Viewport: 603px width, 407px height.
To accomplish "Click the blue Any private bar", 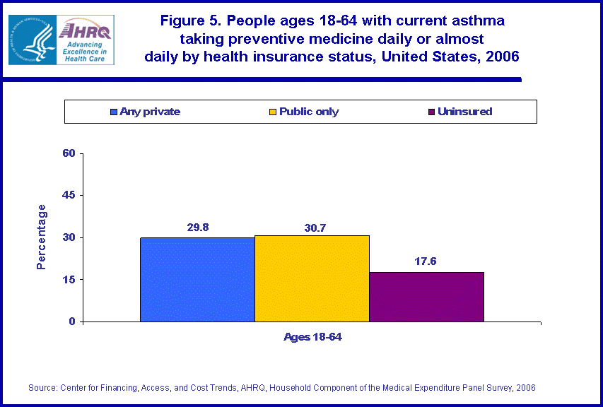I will click(197, 279).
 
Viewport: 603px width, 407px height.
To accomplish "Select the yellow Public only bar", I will click(312, 278).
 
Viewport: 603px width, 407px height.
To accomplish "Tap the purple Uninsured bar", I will click(426, 297).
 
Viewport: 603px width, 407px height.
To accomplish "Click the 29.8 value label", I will click(197, 228).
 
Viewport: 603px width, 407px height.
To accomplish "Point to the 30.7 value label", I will click(312, 228).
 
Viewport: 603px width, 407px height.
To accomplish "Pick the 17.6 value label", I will click(426, 261).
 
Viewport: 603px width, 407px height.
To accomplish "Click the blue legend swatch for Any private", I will click(113, 112).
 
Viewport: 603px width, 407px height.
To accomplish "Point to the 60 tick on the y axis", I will click(69, 153).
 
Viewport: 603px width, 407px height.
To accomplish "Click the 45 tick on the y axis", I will click(69, 195).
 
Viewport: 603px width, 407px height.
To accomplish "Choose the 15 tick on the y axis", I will click(69, 279).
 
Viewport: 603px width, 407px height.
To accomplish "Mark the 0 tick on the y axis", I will click(72, 322).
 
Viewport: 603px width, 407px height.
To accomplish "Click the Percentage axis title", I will click(42, 237).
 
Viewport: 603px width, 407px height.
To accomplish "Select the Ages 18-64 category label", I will click(312, 337).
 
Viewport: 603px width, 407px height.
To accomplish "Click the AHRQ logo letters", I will click(86, 30).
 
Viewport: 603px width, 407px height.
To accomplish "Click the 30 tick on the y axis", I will click(69, 237).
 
